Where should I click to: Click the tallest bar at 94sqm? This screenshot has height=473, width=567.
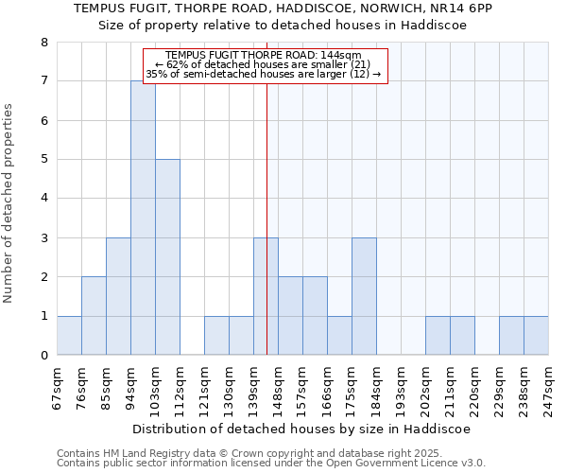(143, 218)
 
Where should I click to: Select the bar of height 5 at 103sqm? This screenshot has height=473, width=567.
(167, 256)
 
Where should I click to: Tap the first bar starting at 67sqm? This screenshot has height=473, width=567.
(69, 335)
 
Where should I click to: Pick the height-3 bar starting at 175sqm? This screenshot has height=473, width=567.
(364, 296)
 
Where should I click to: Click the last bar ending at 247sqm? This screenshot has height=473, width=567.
(536, 335)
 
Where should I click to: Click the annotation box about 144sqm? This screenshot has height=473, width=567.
(266, 65)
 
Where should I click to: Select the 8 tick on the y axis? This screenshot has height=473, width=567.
(43, 43)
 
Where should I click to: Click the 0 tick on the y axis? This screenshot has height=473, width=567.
(43, 356)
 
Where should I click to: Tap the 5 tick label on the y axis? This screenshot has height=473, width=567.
(43, 160)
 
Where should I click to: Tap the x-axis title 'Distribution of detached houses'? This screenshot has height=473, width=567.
(301, 429)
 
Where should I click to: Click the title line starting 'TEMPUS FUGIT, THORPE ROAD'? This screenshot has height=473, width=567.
(283, 9)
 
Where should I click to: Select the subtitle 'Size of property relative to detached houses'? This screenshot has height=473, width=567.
(283, 26)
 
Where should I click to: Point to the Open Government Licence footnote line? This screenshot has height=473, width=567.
(270, 464)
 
